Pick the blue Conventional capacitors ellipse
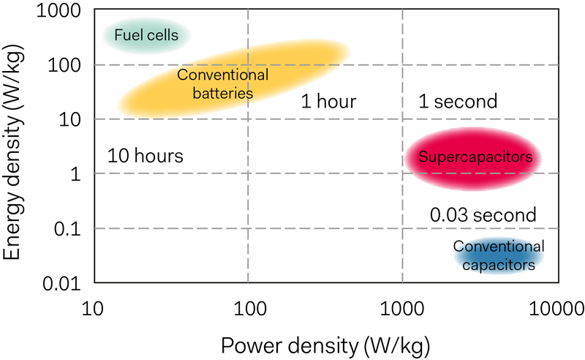[x=497, y=255]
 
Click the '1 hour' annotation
[x=328, y=102]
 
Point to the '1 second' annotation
[x=458, y=102]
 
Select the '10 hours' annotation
[x=145, y=156]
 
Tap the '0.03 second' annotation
[x=483, y=216]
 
